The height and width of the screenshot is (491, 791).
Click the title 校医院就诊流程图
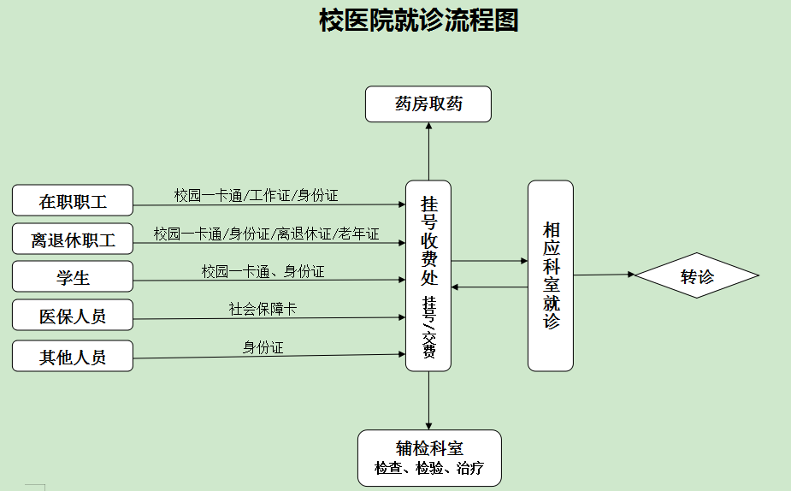click(418, 21)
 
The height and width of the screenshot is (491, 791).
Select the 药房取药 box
click(428, 104)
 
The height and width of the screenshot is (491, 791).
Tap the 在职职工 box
click(73, 201)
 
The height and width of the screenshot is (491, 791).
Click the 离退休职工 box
click(73, 240)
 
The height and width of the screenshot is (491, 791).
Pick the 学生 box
click(73, 278)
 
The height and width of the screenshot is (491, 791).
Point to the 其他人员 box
click(73, 356)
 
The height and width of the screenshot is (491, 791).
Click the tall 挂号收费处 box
click(428, 275)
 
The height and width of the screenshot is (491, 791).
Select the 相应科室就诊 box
click(550, 275)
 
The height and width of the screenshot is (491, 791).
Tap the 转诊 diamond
click(696, 275)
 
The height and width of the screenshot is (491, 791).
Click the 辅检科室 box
click(429, 458)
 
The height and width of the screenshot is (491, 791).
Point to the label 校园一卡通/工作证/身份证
click(257, 196)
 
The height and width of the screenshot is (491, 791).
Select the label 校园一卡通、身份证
click(263, 272)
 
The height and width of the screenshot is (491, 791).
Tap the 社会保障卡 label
click(263, 310)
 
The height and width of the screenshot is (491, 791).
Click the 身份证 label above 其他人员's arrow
click(263, 347)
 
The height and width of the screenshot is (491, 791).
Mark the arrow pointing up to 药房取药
click(428, 151)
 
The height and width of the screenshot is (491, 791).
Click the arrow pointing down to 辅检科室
click(428, 400)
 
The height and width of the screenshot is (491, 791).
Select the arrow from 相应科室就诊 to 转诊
click(604, 275)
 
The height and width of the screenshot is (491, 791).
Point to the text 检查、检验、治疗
click(429, 469)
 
